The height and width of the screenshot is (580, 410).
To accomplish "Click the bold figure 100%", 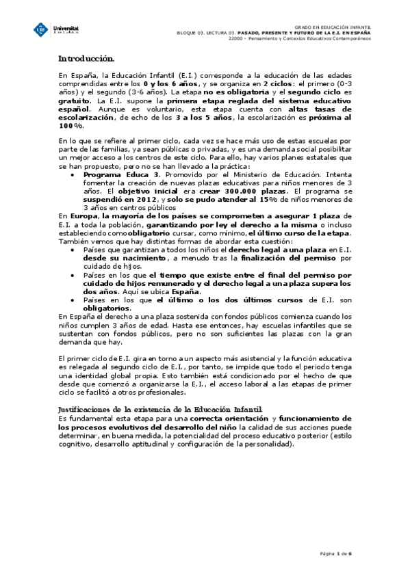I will pos(71,126).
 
